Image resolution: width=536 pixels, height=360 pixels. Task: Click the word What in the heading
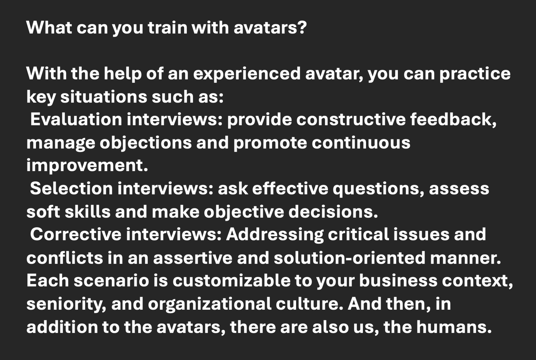(49, 28)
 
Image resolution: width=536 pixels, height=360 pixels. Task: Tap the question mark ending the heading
(302, 28)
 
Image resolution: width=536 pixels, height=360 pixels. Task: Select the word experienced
(247, 74)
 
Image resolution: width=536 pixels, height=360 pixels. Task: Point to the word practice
(475, 74)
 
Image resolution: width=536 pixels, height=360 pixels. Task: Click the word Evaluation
(76, 119)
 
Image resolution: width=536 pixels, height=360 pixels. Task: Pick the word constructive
(351, 119)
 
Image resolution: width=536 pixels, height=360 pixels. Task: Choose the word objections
(146, 143)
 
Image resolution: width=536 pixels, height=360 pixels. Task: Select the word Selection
(72, 188)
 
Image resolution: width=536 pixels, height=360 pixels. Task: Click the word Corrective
(76, 234)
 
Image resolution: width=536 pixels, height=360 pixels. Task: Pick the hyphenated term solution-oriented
(350, 257)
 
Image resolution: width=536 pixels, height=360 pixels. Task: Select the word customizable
(232, 280)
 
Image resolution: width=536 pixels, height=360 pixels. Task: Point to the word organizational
(210, 304)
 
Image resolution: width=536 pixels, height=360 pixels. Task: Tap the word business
(398, 280)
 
